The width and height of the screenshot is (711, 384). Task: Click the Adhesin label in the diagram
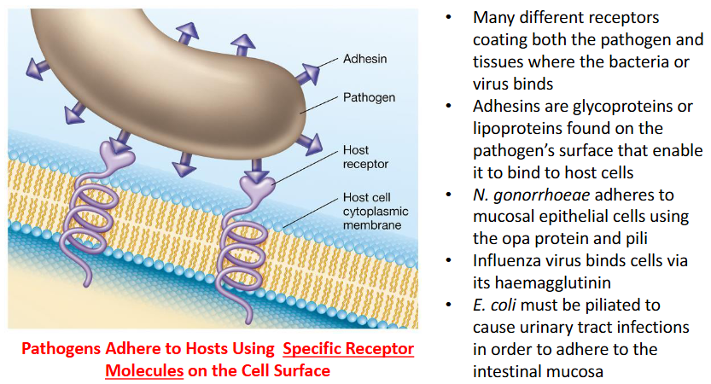click(364, 61)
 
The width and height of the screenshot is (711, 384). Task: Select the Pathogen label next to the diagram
click(369, 97)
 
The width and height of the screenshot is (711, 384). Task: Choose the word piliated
click(612, 305)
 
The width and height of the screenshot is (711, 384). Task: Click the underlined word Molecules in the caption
click(143, 372)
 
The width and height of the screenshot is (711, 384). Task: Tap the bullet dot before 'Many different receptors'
click(450, 18)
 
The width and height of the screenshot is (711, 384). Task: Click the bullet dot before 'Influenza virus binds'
click(450, 262)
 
